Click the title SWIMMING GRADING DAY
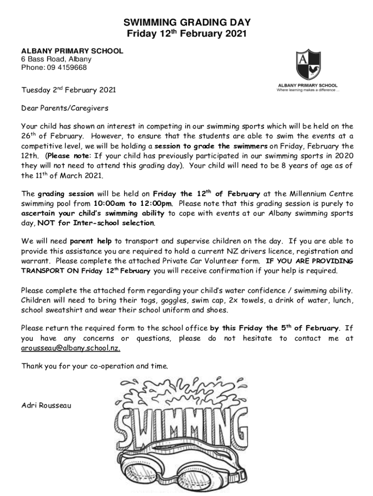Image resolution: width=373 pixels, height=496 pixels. pos(186,22)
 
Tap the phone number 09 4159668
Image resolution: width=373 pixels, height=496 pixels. pos(67,68)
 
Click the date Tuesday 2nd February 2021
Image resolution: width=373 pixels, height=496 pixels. pos(68,90)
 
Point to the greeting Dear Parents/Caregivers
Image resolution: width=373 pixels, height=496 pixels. pos(64,108)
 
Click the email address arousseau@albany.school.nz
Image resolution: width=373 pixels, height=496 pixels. pos(71,348)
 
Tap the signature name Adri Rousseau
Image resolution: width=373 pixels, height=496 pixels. pos(46,405)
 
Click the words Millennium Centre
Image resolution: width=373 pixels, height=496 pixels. pos(319,194)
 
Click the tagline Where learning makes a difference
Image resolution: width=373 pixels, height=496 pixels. pos(308,90)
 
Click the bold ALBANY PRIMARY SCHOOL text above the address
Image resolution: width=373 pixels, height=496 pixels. pos(71,51)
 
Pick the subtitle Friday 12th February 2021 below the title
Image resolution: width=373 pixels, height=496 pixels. pos(186,34)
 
